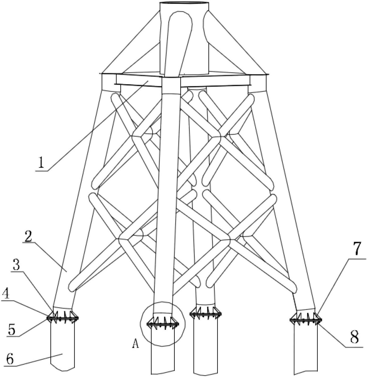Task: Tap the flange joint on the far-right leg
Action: pos(306,320)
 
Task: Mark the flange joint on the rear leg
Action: pos(206,314)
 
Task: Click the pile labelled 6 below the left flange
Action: pos(62,346)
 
